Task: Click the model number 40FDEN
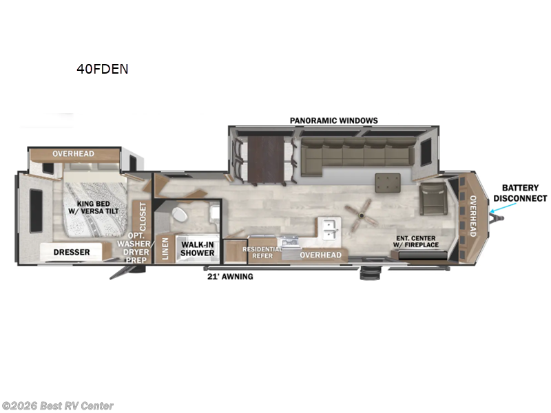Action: [x=103, y=69]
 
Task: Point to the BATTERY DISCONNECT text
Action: [x=524, y=193]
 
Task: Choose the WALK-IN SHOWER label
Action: [x=197, y=248]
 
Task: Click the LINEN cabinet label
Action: [x=165, y=249]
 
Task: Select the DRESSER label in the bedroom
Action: [x=72, y=252]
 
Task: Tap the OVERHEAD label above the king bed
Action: [x=73, y=153]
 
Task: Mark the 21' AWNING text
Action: [x=230, y=277]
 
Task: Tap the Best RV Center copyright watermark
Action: [x=58, y=406]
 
